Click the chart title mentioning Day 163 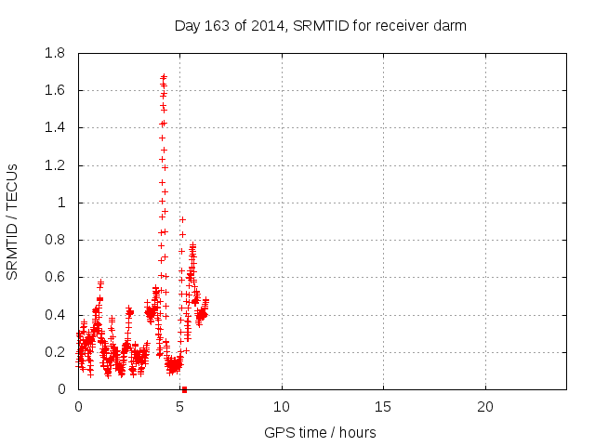320,26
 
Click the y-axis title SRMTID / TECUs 13,221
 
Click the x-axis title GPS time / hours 320,432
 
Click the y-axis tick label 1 62,203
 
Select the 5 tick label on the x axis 179,407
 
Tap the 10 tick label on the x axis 281,407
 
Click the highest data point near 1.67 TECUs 164,77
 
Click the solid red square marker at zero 184,389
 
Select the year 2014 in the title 248,26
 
